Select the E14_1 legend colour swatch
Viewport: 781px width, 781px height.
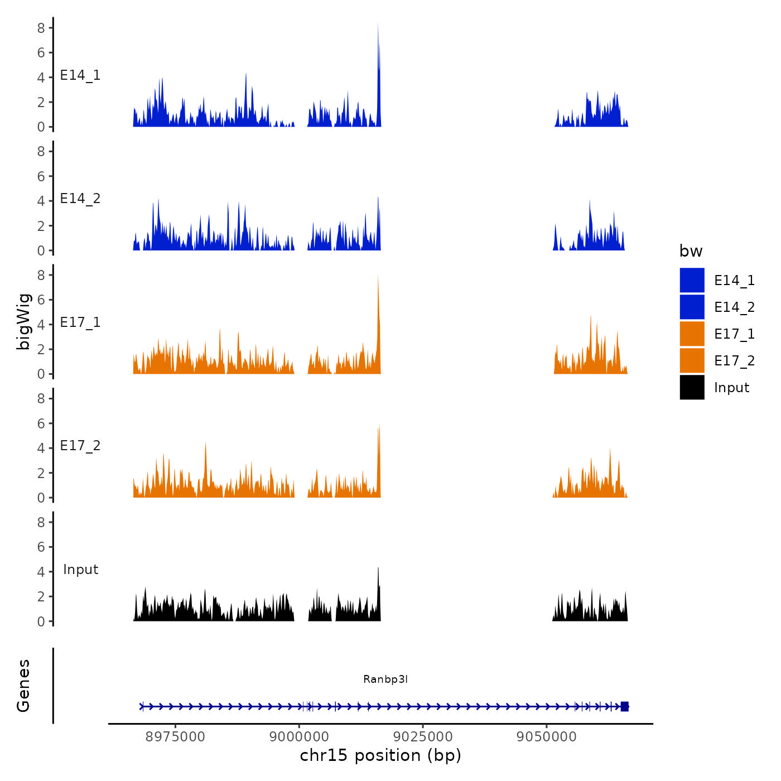[692, 280]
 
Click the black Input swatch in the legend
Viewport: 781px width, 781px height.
[692, 387]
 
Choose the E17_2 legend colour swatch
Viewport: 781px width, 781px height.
[692, 360]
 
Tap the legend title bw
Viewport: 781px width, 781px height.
[691, 251]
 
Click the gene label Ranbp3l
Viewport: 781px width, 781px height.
[385, 679]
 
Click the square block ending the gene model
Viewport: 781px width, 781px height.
[624, 706]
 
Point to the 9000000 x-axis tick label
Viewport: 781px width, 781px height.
[299, 736]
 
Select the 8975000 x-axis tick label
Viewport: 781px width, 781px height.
[175, 736]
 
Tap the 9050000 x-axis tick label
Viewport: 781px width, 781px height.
[547, 736]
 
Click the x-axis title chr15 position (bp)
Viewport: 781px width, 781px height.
[380, 755]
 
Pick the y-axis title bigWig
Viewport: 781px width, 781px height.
[23, 321]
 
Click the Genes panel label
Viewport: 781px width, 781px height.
[23, 686]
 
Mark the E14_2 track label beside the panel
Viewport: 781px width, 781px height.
[80, 199]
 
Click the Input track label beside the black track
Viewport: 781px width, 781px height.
[80, 570]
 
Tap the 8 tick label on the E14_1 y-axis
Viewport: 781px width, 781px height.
[41, 27]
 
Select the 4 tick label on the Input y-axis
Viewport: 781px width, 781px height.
[41, 572]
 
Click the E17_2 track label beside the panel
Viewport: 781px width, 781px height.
[80, 446]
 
